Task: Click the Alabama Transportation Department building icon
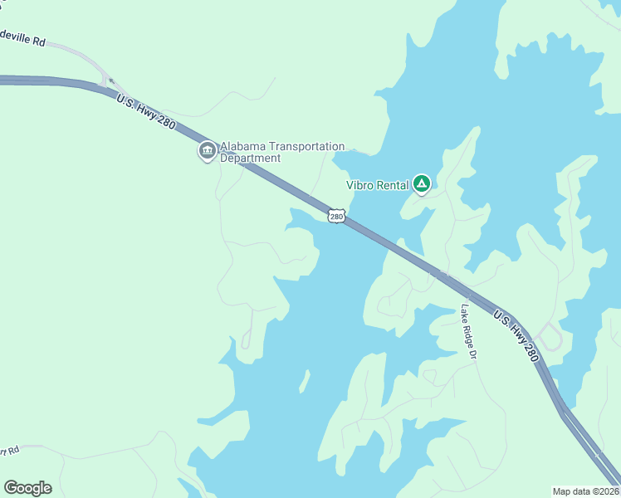pos(207,151)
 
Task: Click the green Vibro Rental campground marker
pos(422,184)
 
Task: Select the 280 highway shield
pos(335,216)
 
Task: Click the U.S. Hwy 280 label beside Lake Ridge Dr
pos(516,336)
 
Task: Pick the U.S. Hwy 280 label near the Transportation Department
pos(147,111)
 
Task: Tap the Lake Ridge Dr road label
pos(468,332)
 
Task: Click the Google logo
pos(27,488)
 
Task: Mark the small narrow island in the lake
pos(305,381)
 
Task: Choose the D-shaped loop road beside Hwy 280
pos(550,337)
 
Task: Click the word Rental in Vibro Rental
pos(394,185)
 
